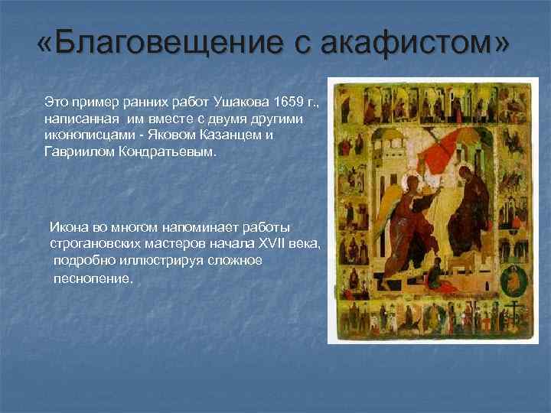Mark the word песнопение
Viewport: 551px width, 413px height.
93,278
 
